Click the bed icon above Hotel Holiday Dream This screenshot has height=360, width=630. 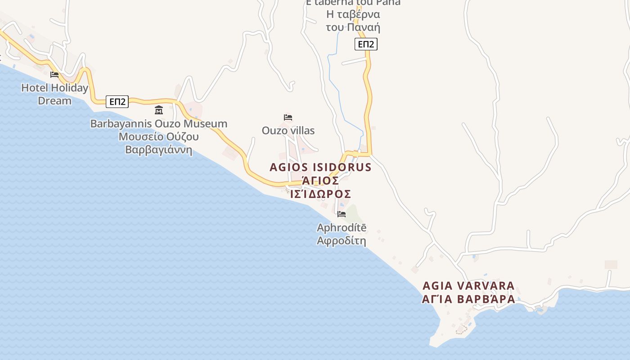(54, 74)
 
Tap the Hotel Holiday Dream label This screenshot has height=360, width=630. (54, 94)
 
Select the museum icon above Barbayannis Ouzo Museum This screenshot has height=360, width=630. (158, 110)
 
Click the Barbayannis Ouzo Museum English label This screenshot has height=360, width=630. (158, 123)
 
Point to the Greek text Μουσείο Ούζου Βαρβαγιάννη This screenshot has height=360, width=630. (158, 143)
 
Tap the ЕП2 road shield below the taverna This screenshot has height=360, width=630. (366, 44)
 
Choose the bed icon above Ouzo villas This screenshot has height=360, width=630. (288, 117)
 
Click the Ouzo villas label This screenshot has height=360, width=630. (288, 130)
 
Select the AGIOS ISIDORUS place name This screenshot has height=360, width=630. (320, 167)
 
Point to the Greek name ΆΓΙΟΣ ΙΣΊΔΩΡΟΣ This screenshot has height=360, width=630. (320, 187)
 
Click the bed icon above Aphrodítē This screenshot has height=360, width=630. (342, 214)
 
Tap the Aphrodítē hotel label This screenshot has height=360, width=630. (342, 228)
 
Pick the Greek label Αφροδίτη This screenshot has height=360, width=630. (342, 241)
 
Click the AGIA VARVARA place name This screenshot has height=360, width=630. (468, 286)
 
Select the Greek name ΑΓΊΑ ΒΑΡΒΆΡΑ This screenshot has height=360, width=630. (468, 299)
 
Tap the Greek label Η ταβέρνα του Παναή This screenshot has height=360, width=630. (353, 21)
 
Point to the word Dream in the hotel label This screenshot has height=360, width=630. (54, 100)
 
